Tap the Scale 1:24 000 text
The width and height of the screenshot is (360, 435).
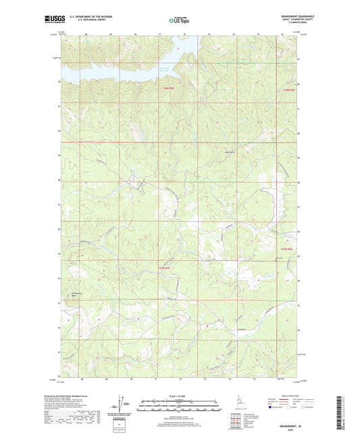pos(179,395)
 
